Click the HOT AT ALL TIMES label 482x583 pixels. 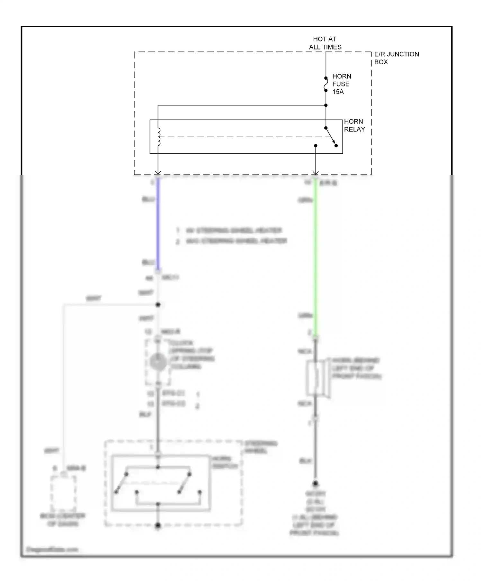pos(325,43)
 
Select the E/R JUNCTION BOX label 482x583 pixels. pos(396,58)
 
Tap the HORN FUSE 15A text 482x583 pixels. pos(341,84)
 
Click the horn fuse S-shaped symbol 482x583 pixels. pos(326,84)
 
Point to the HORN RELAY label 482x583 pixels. pos(354,125)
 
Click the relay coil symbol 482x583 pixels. pos(158,137)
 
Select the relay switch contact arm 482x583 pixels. pos(331,137)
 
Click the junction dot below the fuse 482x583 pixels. pos(326,105)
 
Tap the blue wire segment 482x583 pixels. pos(158,225)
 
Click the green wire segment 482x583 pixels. pos(315,257)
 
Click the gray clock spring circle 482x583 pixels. pos(158,362)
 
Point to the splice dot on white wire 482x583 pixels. pos(158,305)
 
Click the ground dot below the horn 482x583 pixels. pos(315,483)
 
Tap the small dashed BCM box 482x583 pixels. pos(63,493)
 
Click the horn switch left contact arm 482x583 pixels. pos(121,483)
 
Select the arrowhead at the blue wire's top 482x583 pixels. pos(158,173)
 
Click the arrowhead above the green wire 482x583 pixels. pos(315,173)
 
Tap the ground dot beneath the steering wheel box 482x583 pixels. pos(158,526)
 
